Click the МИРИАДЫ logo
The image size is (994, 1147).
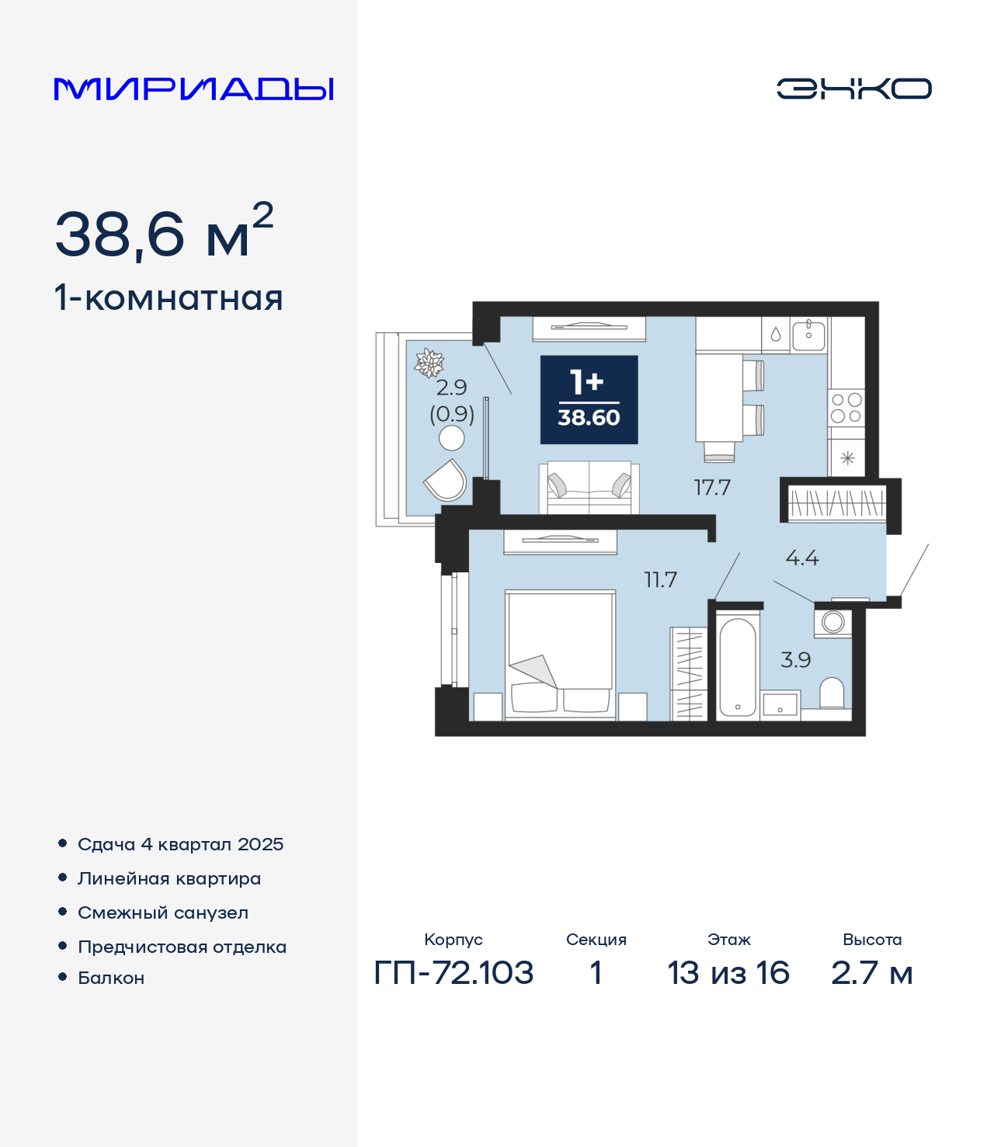193,89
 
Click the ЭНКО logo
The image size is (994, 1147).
853,89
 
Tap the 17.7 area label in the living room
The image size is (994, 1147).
712,488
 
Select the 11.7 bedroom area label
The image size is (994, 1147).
660,580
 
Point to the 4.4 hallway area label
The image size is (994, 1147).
802,558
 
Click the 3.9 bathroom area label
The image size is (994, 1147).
796,660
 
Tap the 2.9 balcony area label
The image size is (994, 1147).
451,388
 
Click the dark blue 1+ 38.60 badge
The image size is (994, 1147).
589,399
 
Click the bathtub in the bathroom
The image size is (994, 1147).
738,667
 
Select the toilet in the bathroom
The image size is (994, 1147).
832,693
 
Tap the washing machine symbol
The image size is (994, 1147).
832,623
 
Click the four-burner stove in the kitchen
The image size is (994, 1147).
846,407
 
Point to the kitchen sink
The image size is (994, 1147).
808,335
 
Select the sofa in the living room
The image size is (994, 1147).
589,488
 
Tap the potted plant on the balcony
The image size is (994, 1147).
429,363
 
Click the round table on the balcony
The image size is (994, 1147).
451,439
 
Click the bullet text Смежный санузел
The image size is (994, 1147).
162,912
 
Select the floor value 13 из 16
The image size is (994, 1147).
728,972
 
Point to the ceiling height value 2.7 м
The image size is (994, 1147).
871,972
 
